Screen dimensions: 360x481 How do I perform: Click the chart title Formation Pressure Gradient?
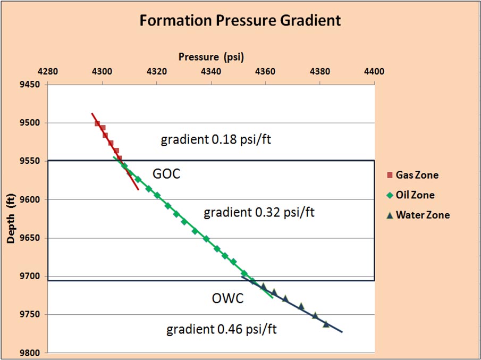[240, 21]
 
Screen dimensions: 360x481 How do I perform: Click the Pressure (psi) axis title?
[211, 57]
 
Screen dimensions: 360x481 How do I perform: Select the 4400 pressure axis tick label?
[374, 70]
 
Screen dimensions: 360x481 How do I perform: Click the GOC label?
[166, 174]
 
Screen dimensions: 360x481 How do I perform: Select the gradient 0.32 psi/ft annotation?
[259, 213]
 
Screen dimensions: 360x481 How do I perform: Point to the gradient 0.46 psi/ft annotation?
[222, 329]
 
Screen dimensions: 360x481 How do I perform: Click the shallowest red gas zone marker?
[97, 123]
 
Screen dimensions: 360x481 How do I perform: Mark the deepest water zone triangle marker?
[326, 324]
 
